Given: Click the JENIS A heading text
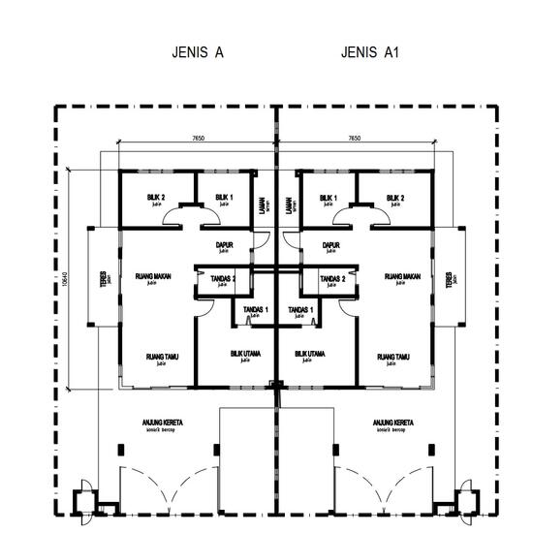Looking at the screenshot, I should coord(198,53).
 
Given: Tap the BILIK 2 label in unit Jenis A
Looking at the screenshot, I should coord(156,198).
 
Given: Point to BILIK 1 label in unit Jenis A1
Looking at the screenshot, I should coord(329,198).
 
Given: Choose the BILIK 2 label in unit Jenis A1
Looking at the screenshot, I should coord(395,198).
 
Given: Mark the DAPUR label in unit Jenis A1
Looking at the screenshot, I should coord(330,245).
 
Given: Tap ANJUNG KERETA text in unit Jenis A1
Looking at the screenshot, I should coord(392,423).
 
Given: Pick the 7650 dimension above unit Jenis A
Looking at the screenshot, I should coord(198,139).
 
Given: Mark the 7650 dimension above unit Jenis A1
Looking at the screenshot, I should coord(355,139).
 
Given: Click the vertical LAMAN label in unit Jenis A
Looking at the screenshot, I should coord(262,205).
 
